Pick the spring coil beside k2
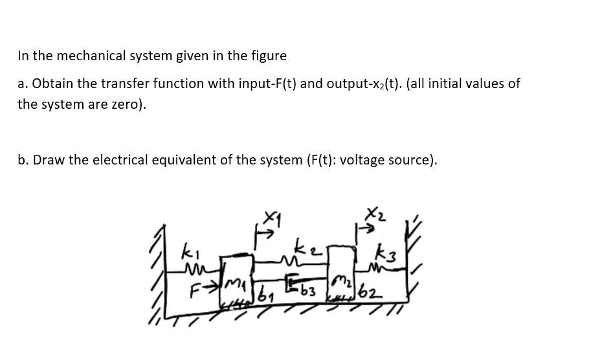287,260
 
